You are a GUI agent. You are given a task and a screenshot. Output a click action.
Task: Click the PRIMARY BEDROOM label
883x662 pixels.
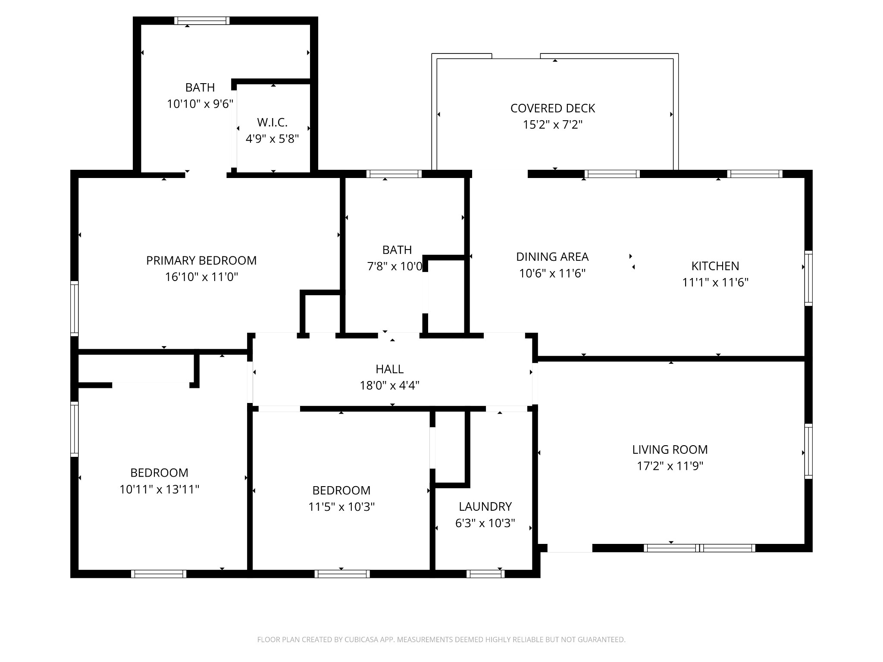[x=201, y=260]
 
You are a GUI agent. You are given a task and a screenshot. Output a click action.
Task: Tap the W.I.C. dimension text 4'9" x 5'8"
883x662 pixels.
[x=272, y=139]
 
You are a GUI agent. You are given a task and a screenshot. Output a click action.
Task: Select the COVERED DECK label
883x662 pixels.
[x=553, y=108]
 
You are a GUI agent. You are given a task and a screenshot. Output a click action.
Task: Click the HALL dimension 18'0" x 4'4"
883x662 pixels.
[x=390, y=385]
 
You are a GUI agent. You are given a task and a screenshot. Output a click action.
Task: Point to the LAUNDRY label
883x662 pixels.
[x=485, y=506]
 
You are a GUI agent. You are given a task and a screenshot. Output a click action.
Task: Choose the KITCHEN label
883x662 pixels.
[x=715, y=266]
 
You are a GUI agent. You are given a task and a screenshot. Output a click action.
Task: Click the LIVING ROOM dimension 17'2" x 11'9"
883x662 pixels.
[x=670, y=466]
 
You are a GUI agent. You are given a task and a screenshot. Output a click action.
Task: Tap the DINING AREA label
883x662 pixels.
[x=552, y=257]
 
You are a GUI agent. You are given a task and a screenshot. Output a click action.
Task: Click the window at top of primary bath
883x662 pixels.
[x=202, y=21]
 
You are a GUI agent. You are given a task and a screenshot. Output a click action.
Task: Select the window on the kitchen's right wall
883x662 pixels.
[x=808, y=278]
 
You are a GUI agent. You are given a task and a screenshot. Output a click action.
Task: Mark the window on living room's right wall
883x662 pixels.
[x=808, y=451]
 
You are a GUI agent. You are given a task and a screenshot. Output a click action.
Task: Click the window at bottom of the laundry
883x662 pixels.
[x=485, y=574]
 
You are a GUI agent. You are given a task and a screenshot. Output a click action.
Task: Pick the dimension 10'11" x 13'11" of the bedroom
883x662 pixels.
[x=159, y=489]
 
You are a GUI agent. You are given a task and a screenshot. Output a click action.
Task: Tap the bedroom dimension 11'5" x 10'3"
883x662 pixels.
[x=341, y=507]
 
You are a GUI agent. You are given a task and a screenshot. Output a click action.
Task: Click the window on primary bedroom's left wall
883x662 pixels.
[x=75, y=308]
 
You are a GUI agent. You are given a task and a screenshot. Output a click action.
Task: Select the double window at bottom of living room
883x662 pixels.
[x=699, y=548]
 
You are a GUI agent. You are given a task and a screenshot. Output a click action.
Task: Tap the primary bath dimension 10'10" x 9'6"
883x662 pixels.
[x=200, y=104]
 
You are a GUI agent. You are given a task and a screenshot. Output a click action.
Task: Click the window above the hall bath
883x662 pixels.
[x=394, y=174]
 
